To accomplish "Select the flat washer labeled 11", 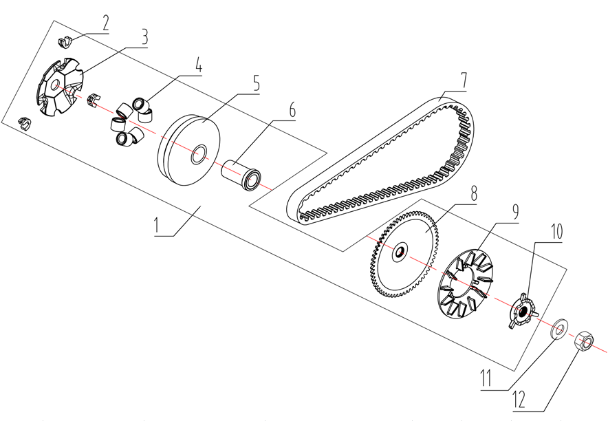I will pos(559,327).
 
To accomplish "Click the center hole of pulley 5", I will pos(201,155).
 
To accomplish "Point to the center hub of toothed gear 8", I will pos(400,254).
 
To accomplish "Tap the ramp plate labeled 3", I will pos(58,87).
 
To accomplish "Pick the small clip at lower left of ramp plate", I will pos(25,124).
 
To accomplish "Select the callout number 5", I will pos(256,84).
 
